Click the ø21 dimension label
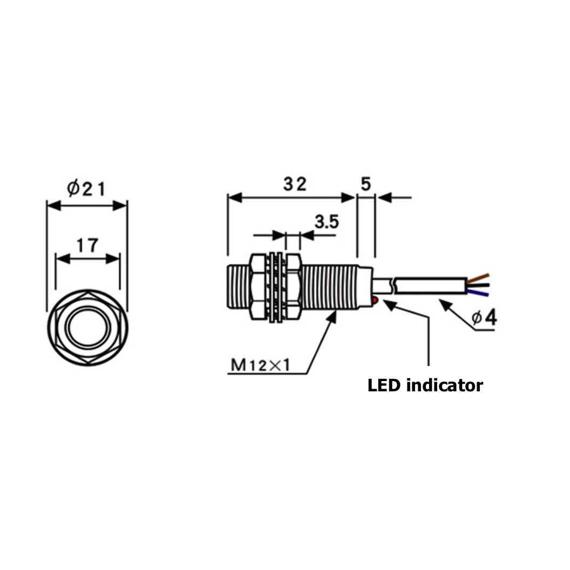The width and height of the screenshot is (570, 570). (x=86, y=188)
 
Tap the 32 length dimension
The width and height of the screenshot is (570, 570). (x=295, y=184)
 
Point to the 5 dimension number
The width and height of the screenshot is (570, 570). (x=365, y=184)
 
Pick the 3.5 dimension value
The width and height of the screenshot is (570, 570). (x=327, y=221)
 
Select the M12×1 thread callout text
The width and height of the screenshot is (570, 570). (x=261, y=365)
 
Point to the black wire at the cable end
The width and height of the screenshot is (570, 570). (x=480, y=285)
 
